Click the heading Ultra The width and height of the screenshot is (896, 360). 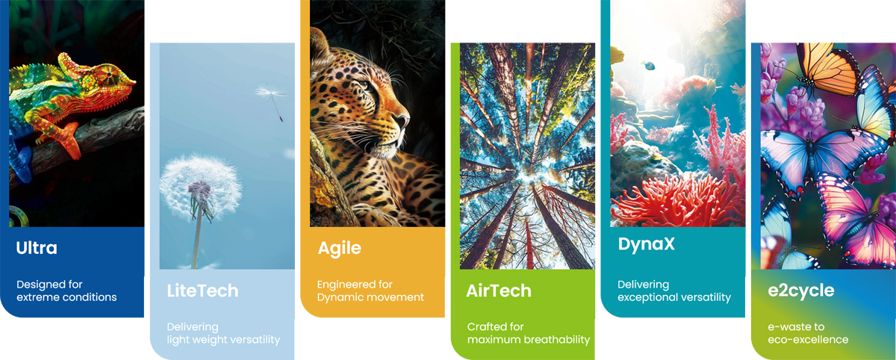point(37,248)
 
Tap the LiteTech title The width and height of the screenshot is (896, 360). point(202,291)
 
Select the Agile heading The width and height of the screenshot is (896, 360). point(339,249)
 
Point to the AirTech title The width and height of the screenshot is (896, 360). point(499,291)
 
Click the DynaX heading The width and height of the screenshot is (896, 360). point(647,244)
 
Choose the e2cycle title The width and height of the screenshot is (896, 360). point(800,291)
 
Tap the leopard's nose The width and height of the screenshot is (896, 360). point(404,120)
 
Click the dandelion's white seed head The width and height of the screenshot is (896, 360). point(200,187)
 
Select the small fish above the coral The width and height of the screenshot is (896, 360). point(647,65)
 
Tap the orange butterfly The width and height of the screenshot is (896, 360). point(827,68)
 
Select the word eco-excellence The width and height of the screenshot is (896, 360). point(808,340)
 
